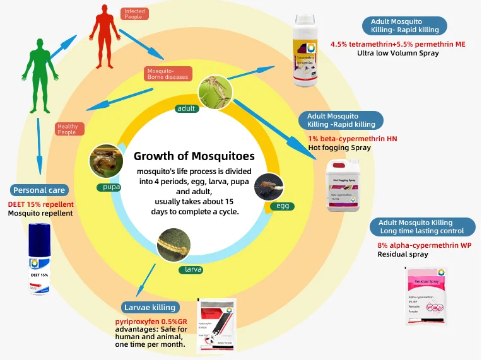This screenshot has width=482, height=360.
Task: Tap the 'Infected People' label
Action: pos(134,13)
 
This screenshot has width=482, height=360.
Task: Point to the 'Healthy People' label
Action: pos(67,129)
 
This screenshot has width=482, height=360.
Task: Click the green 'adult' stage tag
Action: pos(186,108)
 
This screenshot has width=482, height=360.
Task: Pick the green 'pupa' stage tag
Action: pos(108,187)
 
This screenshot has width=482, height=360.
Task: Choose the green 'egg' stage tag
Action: pos(282,206)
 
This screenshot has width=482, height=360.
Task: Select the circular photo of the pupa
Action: pos(105,161)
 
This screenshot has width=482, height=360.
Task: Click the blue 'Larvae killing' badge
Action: pos(151,308)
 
